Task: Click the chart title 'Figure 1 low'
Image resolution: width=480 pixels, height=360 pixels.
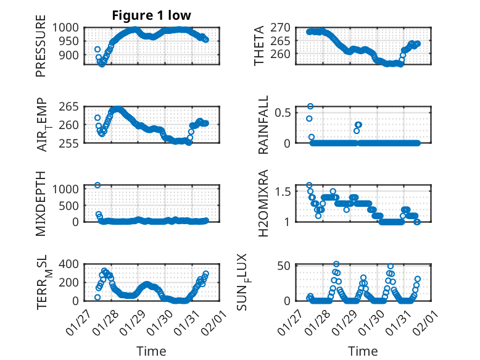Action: point(151,15)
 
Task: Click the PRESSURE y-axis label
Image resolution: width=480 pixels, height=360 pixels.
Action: point(41,50)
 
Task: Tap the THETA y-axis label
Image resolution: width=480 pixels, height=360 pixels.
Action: point(259,46)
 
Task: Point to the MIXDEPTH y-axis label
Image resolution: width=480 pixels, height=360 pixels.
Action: point(41,203)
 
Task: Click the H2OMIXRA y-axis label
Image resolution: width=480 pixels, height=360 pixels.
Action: point(263,203)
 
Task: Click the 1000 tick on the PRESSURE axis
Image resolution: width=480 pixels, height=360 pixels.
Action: point(65,28)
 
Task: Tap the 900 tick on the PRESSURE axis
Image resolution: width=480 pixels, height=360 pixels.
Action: point(68,55)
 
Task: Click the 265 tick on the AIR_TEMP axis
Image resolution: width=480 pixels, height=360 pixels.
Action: point(68,106)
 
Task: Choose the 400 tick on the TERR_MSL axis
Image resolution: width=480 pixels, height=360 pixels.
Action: point(68,265)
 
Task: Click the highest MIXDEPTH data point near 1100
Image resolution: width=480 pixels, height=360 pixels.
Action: point(97,185)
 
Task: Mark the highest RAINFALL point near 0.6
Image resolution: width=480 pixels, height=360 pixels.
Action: point(310,106)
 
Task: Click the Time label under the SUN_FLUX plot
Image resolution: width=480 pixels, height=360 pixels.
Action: point(363,351)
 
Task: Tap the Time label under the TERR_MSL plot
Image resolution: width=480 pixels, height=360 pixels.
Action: point(151,351)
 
